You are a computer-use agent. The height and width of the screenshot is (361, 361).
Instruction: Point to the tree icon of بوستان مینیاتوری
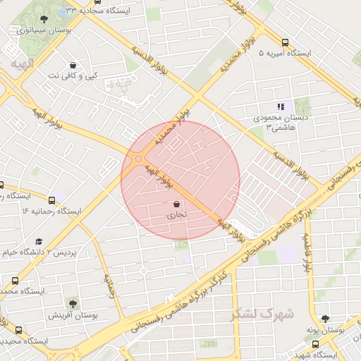(44, 19)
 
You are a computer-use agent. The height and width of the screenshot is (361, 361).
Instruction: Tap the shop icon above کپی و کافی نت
(73, 64)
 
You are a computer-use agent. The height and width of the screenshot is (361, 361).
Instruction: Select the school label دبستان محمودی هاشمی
(282, 122)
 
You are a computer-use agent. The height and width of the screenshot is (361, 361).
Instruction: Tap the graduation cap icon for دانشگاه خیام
(38, 241)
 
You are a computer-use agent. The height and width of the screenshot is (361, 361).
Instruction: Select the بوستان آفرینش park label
(71, 315)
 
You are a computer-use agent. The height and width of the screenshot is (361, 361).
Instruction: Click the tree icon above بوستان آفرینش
(73, 304)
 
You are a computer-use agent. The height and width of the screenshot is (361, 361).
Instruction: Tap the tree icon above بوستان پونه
(325, 319)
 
